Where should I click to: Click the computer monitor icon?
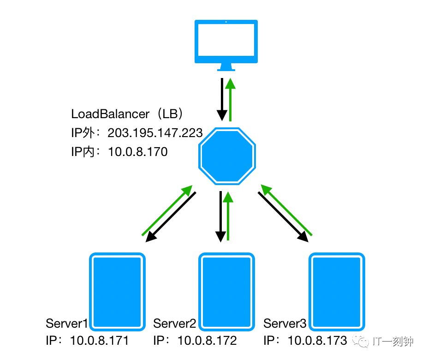pyautogui.click(x=226, y=42)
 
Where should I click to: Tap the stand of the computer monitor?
pyautogui.click(x=226, y=67)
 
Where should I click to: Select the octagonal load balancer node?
pyautogui.click(x=226, y=156)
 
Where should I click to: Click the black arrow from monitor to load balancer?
pyautogui.click(x=221, y=99)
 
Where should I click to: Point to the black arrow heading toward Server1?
pyautogui.click(x=171, y=217)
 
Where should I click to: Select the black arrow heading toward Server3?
pyautogui.click(x=282, y=217)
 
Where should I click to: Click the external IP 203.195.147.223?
pyautogui.click(x=155, y=133)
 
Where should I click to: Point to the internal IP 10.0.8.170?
pyautogui.click(x=138, y=151)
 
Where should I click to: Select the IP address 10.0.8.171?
pyautogui.click(x=99, y=341)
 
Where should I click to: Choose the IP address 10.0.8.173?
pyautogui.click(x=317, y=341)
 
